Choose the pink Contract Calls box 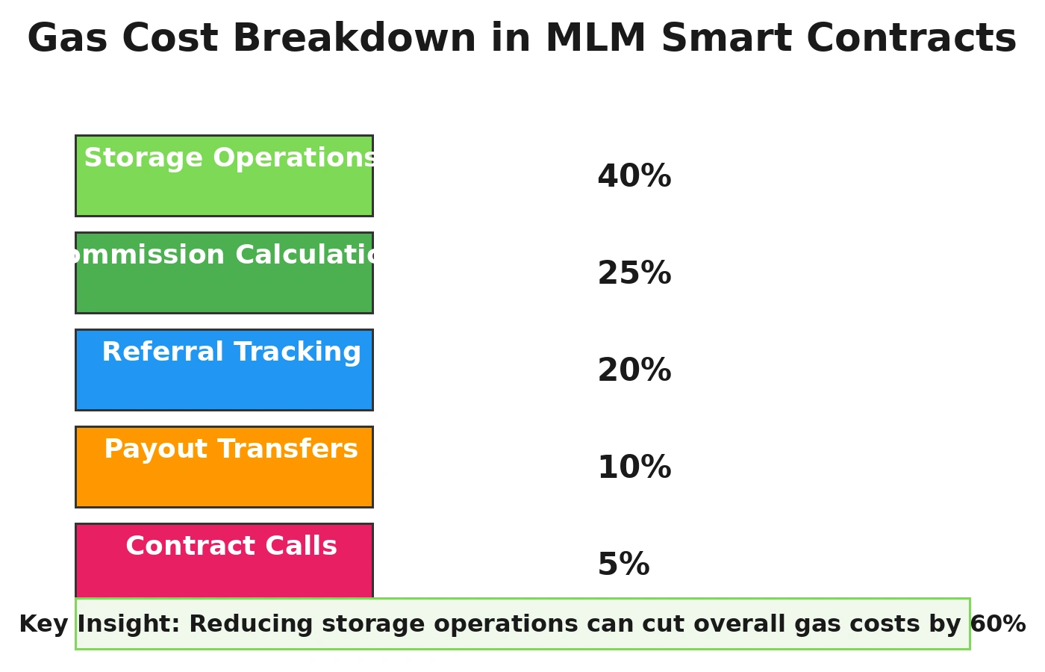[x=224, y=575]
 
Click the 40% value [x=634, y=177]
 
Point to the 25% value [x=634, y=274]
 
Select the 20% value [x=634, y=371]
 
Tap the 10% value [x=634, y=468]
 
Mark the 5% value [x=623, y=565]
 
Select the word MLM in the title [x=595, y=39]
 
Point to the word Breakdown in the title [x=354, y=39]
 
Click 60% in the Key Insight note [x=997, y=624]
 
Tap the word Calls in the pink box [x=304, y=547]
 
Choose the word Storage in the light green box [x=143, y=158]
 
